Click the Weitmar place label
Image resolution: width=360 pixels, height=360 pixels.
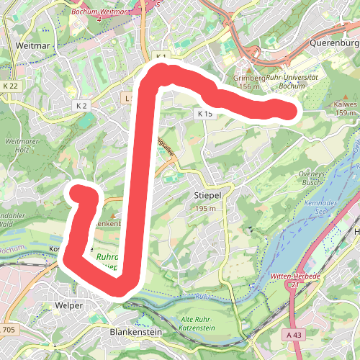(x=31, y=45)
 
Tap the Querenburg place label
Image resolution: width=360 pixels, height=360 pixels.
(x=333, y=42)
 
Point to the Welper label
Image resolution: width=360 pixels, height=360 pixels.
(x=69, y=305)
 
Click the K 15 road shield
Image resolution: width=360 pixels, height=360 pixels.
(x=204, y=114)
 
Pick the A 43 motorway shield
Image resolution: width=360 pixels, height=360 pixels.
(x=294, y=335)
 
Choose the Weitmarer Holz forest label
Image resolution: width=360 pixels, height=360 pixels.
(x=20, y=146)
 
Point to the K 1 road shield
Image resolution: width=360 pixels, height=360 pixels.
(x=161, y=56)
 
